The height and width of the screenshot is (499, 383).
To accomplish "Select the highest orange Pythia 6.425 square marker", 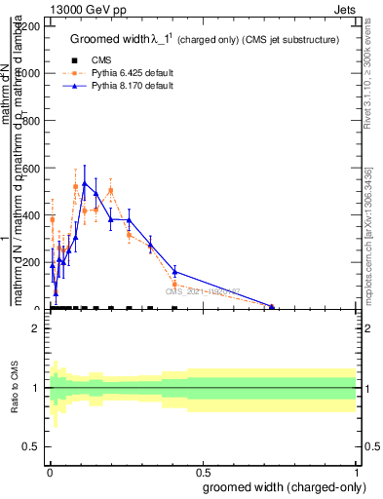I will pyautogui.click(x=76, y=186).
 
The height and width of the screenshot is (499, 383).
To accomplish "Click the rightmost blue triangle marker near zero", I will pyautogui.click(x=272, y=307).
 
